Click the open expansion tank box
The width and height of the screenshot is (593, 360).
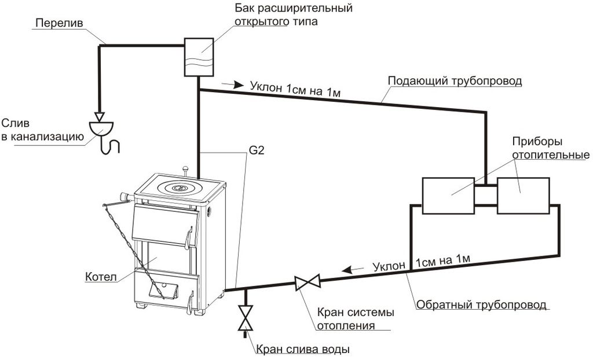[x=199, y=57]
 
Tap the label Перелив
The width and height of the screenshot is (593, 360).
[x=60, y=23]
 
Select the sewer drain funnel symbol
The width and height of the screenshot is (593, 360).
[x=101, y=128]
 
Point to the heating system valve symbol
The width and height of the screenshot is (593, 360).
[x=308, y=282]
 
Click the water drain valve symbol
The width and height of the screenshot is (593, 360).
[x=246, y=318]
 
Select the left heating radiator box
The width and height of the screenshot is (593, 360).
[x=448, y=196]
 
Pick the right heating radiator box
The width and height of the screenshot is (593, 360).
[x=524, y=196]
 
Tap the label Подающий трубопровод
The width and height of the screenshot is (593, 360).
[x=455, y=81]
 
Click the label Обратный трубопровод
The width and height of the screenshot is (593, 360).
[x=481, y=304]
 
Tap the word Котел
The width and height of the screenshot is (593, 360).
[x=101, y=277]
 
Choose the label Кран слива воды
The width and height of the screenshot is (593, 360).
[x=302, y=348]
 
